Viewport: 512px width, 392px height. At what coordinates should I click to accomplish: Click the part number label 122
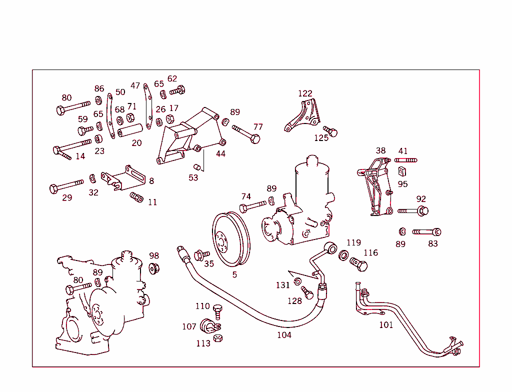(x=305, y=93)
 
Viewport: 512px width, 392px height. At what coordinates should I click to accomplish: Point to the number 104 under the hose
(x=284, y=335)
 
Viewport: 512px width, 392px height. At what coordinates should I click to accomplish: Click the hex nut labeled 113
(x=217, y=338)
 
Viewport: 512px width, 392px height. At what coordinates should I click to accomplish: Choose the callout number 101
(x=386, y=325)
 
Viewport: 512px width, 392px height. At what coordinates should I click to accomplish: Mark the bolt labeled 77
(x=246, y=134)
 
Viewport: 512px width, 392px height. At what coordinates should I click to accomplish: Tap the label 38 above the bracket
(x=380, y=150)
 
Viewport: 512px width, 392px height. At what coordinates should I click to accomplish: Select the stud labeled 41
(x=405, y=160)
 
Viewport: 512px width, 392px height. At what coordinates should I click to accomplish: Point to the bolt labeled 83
(x=426, y=232)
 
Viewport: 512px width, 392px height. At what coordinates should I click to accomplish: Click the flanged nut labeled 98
(x=154, y=268)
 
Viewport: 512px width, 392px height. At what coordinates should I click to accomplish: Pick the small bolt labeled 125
(x=330, y=131)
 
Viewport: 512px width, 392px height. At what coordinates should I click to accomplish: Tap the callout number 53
(x=193, y=177)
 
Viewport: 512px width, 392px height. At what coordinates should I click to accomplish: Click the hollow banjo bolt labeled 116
(x=358, y=263)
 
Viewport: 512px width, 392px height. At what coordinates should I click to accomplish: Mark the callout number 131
(x=283, y=285)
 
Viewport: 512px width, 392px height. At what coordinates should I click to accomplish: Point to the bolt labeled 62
(x=177, y=91)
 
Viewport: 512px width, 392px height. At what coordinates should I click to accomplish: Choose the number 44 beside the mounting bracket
(x=220, y=154)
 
